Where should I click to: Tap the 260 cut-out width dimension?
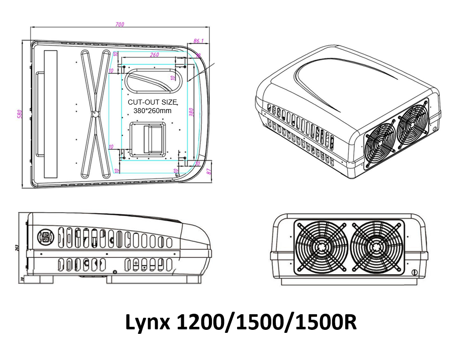pyautogui.click(x=155, y=55)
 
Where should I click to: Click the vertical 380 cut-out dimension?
pyautogui.click(x=191, y=112)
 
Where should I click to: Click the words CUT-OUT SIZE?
pyautogui.click(x=149, y=102)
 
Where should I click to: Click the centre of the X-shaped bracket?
pyautogui.click(x=95, y=114)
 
